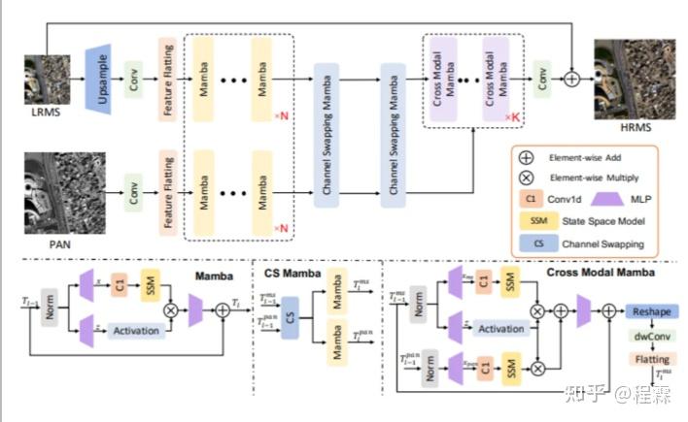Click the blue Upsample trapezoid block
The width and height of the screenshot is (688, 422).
(98, 74)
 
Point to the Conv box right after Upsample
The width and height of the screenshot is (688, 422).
(133, 76)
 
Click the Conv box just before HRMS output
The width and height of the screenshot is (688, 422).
(541, 74)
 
